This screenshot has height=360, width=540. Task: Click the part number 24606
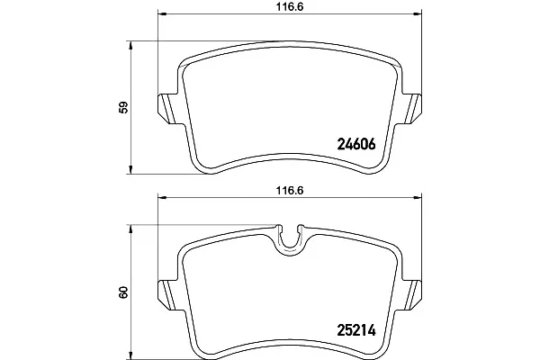pos(356,144)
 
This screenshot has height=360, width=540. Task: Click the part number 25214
pos(356,331)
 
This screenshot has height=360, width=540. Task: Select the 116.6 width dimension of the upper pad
pos(290,7)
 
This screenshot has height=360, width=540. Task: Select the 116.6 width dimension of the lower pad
pos(290,191)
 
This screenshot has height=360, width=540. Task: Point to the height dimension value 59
pos(123,107)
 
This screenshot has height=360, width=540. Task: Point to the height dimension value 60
pos(123,292)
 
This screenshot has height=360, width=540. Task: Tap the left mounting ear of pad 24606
pos(166,109)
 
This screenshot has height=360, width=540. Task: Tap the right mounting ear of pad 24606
pos(412,109)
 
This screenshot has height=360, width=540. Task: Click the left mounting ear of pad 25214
pos(166,295)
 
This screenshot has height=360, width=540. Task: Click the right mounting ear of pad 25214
pos(412,295)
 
